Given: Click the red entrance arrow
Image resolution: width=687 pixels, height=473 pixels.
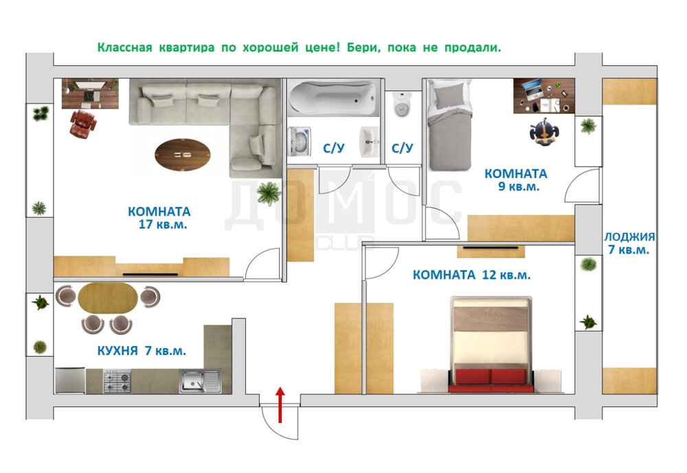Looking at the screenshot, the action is click(x=280, y=405).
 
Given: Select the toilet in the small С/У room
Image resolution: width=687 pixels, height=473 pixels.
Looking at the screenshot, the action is click(x=402, y=104).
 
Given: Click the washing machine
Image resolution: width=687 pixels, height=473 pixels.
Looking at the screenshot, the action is click(x=300, y=141).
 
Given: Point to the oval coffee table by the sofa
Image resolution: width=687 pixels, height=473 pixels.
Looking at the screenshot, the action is click(x=183, y=154).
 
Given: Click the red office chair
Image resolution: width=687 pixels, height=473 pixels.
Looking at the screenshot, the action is click(x=83, y=124).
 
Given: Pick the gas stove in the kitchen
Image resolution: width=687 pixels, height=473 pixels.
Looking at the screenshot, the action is click(x=117, y=381).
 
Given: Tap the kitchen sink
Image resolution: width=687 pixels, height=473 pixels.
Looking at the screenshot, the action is click(x=200, y=381).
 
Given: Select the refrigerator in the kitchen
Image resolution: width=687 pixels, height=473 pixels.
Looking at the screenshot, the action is click(x=70, y=380).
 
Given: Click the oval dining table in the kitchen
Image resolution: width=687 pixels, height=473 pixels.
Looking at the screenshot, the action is click(x=108, y=298).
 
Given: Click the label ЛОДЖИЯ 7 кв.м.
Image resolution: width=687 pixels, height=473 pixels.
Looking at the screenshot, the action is click(x=629, y=243).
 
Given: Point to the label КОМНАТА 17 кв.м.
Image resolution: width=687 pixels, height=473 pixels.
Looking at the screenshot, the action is click(x=159, y=218).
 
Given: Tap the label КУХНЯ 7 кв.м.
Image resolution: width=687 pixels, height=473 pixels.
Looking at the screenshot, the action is click(x=142, y=350).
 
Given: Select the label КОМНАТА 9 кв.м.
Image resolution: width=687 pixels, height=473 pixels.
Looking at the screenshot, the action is click(x=516, y=180).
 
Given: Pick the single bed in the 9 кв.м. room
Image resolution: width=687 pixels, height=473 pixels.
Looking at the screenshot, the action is click(x=449, y=125).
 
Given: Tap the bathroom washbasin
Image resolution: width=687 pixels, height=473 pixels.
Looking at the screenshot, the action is click(x=369, y=142).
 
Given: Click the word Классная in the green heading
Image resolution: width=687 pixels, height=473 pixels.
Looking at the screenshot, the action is click(x=124, y=47).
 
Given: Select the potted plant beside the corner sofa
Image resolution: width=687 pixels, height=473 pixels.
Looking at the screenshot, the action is click(x=268, y=193).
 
